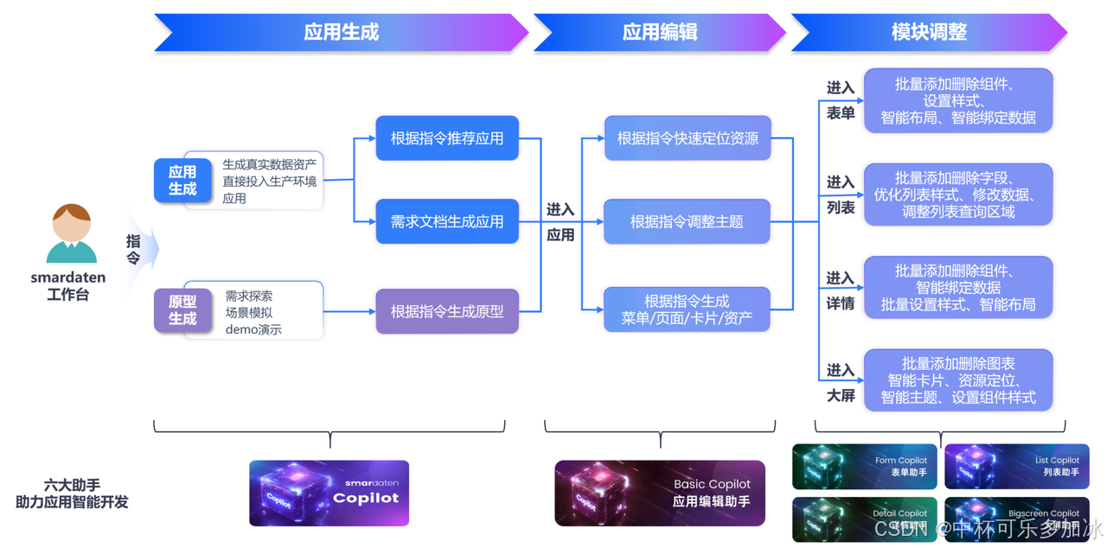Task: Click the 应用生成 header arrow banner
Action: [x=341, y=33]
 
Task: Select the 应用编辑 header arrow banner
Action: [x=659, y=33]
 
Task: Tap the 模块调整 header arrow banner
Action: [x=928, y=33]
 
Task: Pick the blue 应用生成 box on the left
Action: [x=182, y=181]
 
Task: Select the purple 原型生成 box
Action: [x=182, y=310]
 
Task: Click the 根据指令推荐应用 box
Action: [x=447, y=138]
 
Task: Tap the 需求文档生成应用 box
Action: [x=447, y=221]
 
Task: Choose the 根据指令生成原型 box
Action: [x=447, y=311]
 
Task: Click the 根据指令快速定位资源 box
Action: [x=687, y=138]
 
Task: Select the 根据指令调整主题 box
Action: [x=687, y=221]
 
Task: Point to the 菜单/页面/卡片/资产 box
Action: [x=687, y=309]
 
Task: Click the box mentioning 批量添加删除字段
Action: [x=958, y=194]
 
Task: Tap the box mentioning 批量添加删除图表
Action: [x=958, y=380]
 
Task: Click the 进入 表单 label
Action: [x=840, y=100]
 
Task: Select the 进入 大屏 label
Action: [x=840, y=383]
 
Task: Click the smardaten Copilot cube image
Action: [x=329, y=493]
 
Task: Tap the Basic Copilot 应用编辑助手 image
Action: [x=660, y=493]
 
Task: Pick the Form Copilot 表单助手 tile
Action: [x=864, y=467]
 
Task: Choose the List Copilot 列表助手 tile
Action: [x=1015, y=467]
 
